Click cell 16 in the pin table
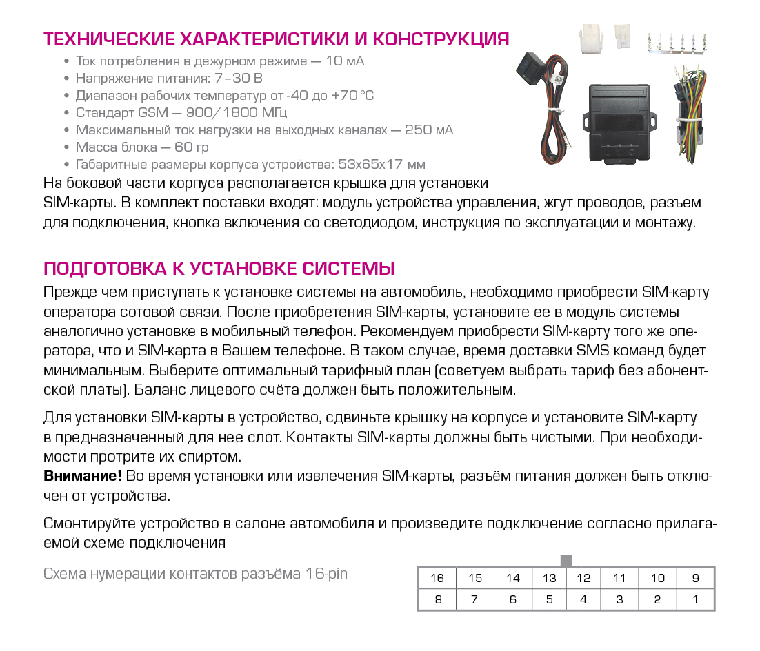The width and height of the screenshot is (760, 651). coord(437,579)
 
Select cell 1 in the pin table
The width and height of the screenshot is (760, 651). coord(694,599)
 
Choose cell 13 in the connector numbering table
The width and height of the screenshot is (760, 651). coord(549,579)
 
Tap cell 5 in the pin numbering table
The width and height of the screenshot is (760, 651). coord(549,599)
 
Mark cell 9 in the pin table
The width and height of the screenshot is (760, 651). coord(694,579)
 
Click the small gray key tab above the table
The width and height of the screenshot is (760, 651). coord(566,561)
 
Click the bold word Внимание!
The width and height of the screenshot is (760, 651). coord(83,476)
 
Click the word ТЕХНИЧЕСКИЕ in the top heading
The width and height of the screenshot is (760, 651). coord(106,39)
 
